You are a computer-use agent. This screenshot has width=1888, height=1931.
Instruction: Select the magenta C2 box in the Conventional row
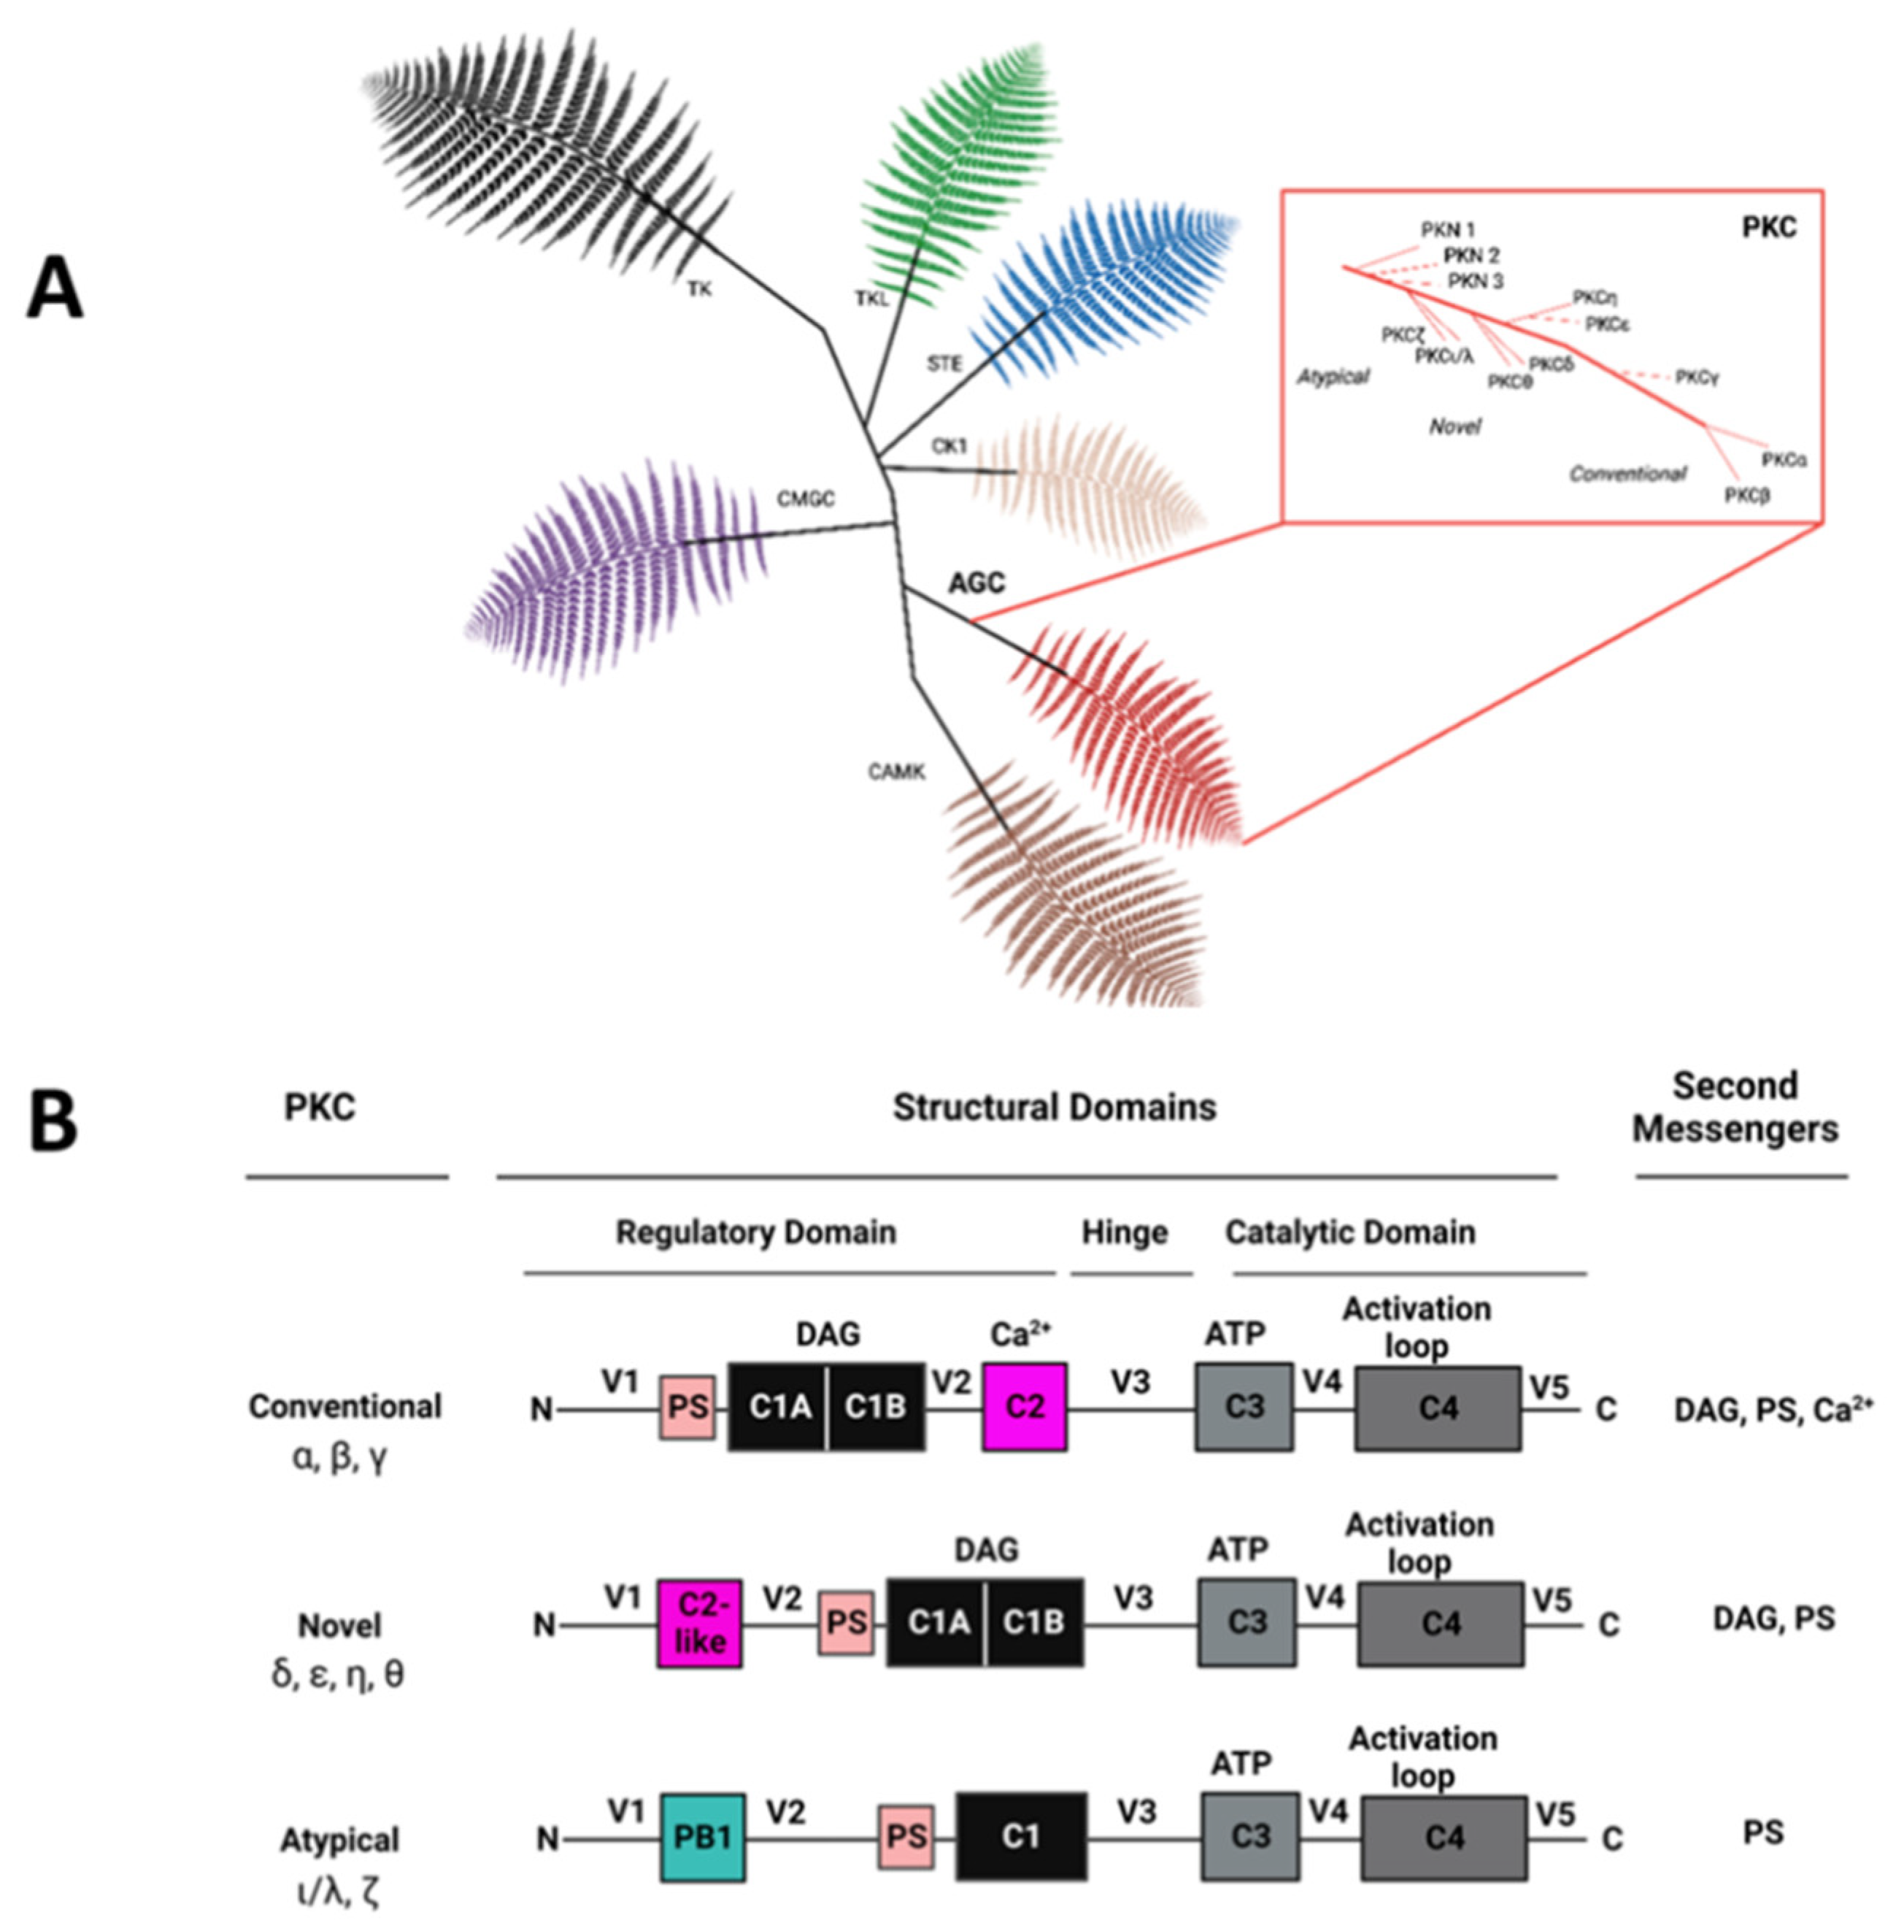tap(1025, 1406)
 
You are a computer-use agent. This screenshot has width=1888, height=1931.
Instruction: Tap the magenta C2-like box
tap(699, 1623)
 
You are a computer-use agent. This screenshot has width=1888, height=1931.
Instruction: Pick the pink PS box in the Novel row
tap(846, 1623)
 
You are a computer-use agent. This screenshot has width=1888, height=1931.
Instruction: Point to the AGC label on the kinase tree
tap(976, 583)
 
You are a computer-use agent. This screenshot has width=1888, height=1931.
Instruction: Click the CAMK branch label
tap(896, 771)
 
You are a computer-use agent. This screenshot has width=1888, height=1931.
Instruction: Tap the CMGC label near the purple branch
tap(805, 499)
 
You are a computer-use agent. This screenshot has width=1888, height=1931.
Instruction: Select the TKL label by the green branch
tap(871, 299)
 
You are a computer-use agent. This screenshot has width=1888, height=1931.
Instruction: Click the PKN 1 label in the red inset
tap(1448, 230)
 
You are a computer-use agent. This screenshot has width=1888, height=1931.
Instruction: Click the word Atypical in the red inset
tap(1333, 377)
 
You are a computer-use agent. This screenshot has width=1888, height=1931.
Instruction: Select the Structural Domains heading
tap(1054, 1107)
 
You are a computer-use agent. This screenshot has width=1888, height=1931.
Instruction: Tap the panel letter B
tap(53, 1121)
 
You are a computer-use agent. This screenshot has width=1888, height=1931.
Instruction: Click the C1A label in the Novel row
tap(937, 1623)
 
